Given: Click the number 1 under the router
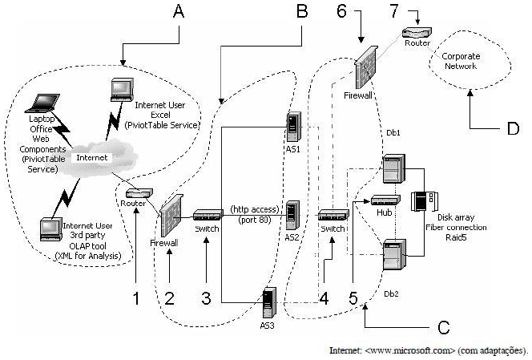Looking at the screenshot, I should pos(136,297).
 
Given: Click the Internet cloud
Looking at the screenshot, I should pos(91,157).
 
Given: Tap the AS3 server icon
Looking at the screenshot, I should pos(268,305).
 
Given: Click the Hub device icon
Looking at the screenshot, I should pos(383,200).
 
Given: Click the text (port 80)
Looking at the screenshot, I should pos(255,220).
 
